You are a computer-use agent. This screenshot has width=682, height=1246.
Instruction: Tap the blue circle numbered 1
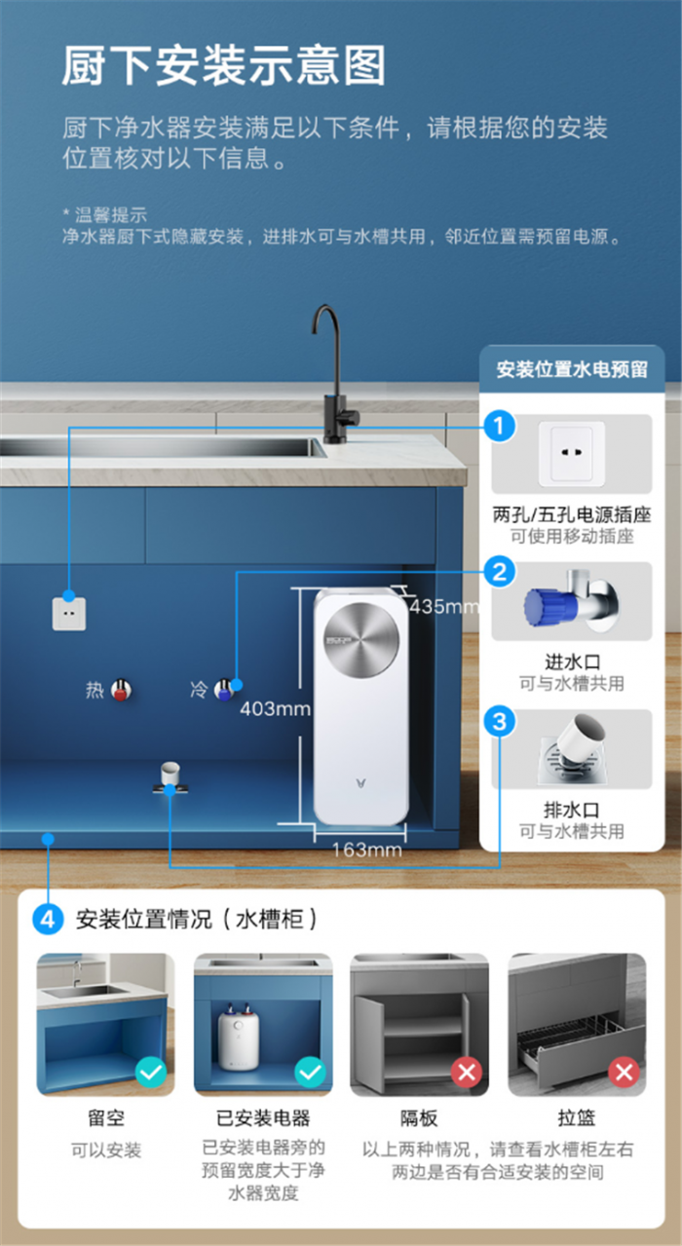pos(500,426)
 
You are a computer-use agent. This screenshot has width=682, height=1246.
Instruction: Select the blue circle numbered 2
pos(500,572)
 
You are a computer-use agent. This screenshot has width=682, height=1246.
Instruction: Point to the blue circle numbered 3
pos(500,722)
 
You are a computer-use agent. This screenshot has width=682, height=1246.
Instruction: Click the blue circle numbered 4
pos(48,919)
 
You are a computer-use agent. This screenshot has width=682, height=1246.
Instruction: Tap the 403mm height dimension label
pos(276,708)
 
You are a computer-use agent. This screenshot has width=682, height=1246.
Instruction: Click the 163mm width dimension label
pos(367,850)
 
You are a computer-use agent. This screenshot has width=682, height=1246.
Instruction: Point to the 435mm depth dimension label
pos(444,606)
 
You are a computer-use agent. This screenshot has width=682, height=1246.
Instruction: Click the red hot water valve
pos(121,691)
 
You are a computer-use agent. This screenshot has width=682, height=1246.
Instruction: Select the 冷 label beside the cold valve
pos(199,690)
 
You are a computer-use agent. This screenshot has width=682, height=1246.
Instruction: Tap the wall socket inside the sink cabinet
pos(69,614)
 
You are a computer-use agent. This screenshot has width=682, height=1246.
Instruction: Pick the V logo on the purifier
pos(361,784)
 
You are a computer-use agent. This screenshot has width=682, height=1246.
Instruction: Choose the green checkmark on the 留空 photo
pos(151,1072)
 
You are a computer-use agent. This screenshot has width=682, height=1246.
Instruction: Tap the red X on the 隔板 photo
pos(466,1072)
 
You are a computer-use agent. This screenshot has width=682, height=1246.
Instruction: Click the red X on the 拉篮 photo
pos(624,1072)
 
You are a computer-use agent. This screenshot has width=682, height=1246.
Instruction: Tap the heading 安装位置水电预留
pos(572,369)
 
